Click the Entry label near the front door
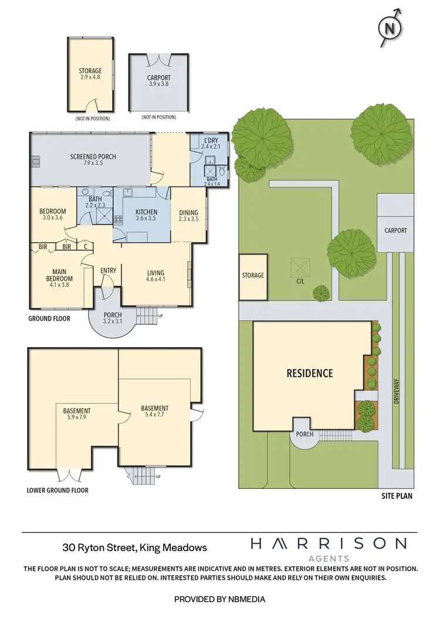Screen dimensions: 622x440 [x=109, y=270]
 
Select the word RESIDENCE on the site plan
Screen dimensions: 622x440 [x=309, y=373]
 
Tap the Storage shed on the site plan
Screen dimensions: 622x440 [x=253, y=275]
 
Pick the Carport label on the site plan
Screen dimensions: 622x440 [x=395, y=230]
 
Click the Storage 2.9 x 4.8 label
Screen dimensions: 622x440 [x=90, y=74]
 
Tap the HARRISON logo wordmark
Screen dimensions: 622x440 [x=328, y=543]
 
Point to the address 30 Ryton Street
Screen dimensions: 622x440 [x=134, y=548]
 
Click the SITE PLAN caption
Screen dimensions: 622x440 [x=397, y=496]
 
